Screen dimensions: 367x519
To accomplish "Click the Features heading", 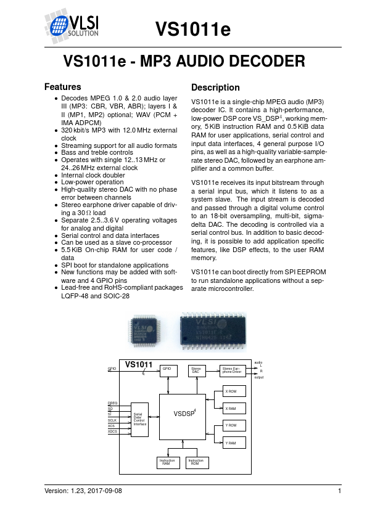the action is pyautogui.click(x=63, y=87).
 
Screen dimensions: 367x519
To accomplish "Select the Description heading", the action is pyautogui.click(x=215, y=88).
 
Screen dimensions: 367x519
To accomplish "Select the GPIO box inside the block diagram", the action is pyautogui.click(x=167, y=370).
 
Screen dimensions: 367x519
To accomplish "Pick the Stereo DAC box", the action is pyautogui.click(x=196, y=370).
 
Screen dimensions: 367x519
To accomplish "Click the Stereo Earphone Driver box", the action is pyautogui.click(x=232, y=370).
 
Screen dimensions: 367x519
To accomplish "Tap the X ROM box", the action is pyautogui.click(x=233, y=392).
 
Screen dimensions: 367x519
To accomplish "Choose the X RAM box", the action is pyautogui.click(x=233, y=408).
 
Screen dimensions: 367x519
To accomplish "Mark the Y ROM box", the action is pyautogui.click(x=233, y=426).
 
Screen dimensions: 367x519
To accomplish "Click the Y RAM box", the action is pyautogui.click(x=233, y=443).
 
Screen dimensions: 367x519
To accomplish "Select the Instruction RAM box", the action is pyautogui.click(x=167, y=462).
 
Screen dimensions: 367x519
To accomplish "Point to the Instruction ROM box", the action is pyautogui.click(x=196, y=462).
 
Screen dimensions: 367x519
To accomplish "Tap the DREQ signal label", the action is pyautogui.click(x=113, y=403).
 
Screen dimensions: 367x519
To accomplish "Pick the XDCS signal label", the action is pyautogui.click(x=113, y=431).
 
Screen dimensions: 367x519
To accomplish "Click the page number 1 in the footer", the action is pyautogui.click(x=340, y=491).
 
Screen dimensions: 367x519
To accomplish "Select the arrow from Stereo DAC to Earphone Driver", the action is pyautogui.click(x=212, y=370).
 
